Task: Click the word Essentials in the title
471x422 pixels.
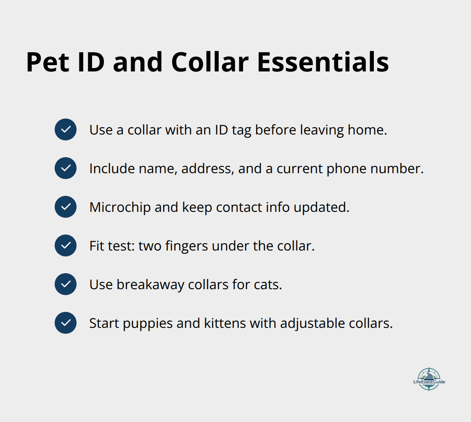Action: [323, 62]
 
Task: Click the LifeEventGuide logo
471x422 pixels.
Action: [429, 379]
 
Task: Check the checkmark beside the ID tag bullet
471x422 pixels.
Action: [66, 129]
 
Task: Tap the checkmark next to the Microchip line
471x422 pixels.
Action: [66, 207]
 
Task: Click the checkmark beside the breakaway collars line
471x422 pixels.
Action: [66, 284]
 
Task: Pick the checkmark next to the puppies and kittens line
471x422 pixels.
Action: [66, 323]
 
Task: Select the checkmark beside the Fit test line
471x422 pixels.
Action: [66, 245]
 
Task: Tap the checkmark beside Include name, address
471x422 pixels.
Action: [66, 168]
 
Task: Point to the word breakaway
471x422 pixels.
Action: [150, 285]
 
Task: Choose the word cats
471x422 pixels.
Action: [267, 285]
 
